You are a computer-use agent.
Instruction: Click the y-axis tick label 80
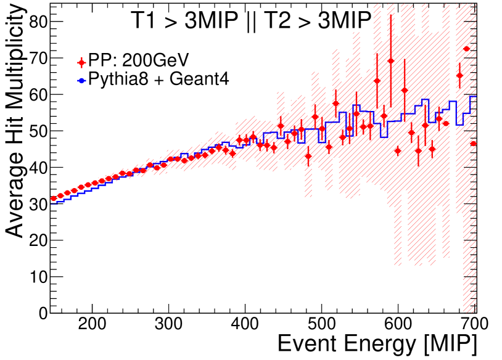click(x=38, y=22)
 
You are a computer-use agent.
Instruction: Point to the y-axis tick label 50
click(x=38, y=131)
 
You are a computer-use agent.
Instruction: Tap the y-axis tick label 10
click(x=38, y=277)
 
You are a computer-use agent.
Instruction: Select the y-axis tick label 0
click(x=43, y=313)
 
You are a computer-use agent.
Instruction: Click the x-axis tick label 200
click(x=92, y=325)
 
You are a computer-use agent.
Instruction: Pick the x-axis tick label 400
click(x=245, y=325)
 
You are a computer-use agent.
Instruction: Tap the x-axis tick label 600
click(x=398, y=325)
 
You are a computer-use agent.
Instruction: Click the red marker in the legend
click(x=81, y=62)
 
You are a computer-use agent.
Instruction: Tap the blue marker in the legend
click(x=81, y=80)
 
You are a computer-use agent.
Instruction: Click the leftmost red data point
click(x=54, y=198)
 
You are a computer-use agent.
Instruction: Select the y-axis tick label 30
click(x=38, y=204)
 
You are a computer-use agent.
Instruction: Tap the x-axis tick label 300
click(x=168, y=325)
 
